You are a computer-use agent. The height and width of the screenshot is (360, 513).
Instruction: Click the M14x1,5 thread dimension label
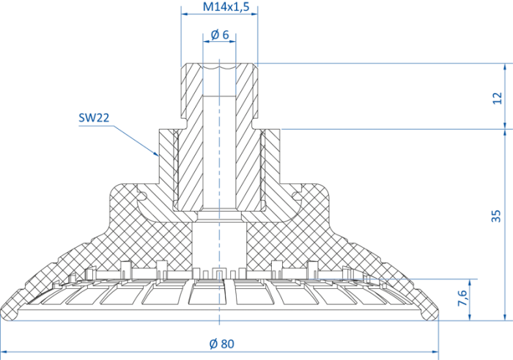click(226, 7)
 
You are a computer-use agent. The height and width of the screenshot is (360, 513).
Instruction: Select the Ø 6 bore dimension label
click(220, 34)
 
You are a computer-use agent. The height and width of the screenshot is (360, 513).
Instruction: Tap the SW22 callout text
click(94, 118)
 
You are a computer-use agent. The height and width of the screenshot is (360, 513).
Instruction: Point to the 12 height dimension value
click(497, 98)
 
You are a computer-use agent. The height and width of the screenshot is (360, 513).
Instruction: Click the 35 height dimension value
click(496, 216)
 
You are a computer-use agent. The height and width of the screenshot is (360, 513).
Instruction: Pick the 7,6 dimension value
click(462, 298)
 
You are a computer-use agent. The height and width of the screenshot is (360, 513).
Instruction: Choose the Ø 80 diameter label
click(222, 344)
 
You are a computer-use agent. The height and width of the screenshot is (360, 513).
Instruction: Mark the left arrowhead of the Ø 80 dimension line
click(4, 352)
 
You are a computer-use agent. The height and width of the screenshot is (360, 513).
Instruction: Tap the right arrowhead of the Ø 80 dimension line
click(435, 352)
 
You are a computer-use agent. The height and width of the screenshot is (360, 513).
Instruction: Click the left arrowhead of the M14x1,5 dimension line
click(185, 14)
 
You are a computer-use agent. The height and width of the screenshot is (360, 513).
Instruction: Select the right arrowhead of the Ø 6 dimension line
click(232, 42)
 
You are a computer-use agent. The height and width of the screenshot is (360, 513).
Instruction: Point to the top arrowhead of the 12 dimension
click(505, 67)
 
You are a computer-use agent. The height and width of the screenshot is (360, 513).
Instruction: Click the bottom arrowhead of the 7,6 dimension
click(470, 317)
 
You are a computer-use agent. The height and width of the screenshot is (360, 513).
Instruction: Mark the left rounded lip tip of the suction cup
click(7, 314)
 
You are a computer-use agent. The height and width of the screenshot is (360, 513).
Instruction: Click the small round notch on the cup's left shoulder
click(141, 196)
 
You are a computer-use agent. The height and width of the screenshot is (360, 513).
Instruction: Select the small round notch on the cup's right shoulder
click(296, 196)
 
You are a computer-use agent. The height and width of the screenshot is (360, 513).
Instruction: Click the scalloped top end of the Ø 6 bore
click(219, 67)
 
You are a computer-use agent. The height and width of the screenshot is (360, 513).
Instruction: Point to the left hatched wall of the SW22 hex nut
click(166, 157)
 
